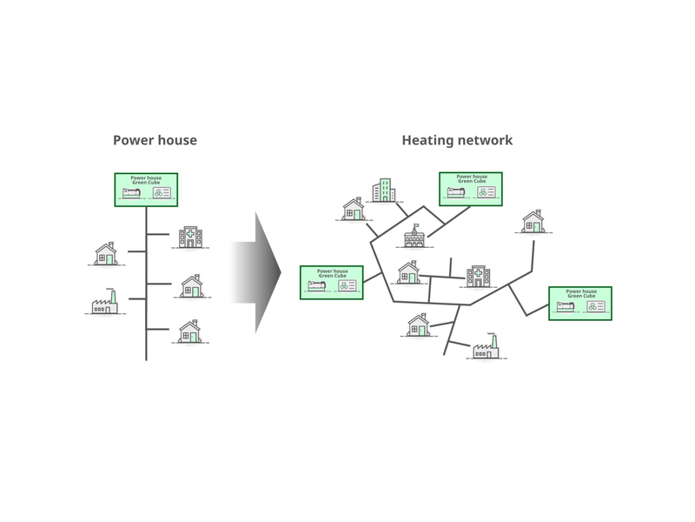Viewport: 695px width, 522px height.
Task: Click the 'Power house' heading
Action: (x=155, y=140)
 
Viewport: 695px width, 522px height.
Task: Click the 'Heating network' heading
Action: (x=457, y=140)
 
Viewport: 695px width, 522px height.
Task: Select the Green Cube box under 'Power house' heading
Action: (x=146, y=190)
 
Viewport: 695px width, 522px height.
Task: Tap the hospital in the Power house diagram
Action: (x=189, y=237)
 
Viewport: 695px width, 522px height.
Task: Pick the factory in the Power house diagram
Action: (x=104, y=302)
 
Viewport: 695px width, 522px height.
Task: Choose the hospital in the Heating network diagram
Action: (x=478, y=277)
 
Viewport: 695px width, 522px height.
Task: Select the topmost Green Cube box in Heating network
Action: (x=470, y=189)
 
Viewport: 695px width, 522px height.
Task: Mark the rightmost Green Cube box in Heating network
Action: (x=579, y=303)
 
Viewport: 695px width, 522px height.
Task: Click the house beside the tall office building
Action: (x=353, y=210)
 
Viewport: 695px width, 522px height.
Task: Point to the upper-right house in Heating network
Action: (x=532, y=222)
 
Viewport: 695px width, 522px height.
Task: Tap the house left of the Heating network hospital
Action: (x=408, y=273)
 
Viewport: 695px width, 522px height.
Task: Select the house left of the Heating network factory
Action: (x=418, y=325)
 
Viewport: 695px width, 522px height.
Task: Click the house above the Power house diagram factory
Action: (x=105, y=254)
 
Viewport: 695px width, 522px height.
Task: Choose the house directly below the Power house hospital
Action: (x=192, y=286)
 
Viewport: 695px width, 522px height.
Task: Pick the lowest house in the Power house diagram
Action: (x=189, y=331)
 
